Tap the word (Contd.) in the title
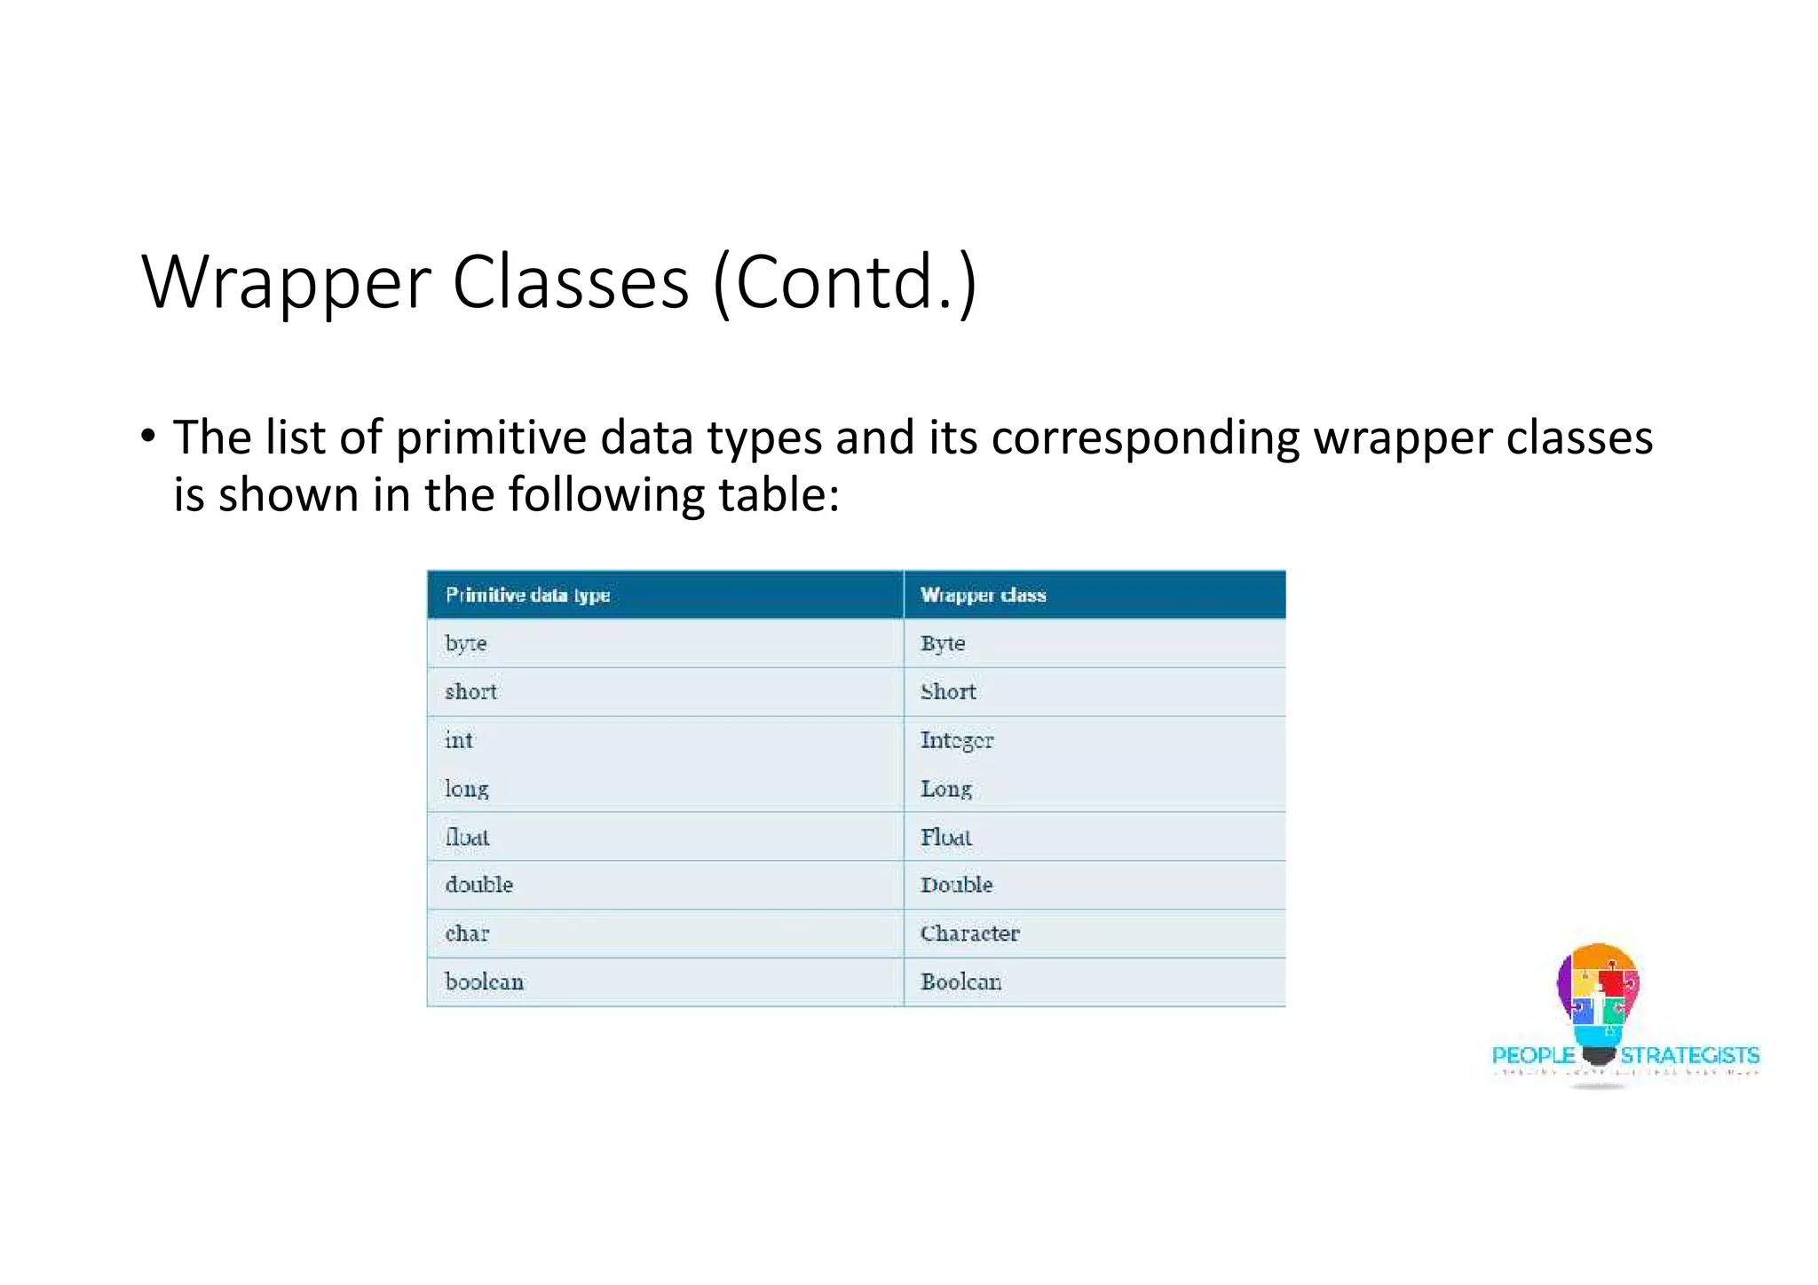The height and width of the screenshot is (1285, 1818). (x=844, y=283)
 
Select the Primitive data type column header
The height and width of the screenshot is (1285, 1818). (x=527, y=595)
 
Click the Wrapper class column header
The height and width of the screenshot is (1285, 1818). (x=983, y=595)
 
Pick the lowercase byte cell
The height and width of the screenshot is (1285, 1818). (x=466, y=643)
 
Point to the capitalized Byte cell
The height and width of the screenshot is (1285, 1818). (x=942, y=643)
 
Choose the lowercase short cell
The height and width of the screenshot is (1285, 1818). (x=470, y=692)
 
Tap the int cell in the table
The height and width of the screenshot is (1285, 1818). (x=459, y=740)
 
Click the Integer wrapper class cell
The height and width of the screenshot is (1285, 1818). (x=956, y=740)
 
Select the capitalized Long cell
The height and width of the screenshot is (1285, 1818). (x=945, y=789)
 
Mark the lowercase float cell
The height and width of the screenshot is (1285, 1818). (x=467, y=837)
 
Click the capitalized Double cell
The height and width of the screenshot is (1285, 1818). (x=956, y=885)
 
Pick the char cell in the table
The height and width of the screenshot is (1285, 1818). (x=467, y=934)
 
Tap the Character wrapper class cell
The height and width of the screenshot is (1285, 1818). (x=969, y=934)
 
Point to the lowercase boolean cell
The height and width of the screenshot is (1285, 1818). (x=484, y=982)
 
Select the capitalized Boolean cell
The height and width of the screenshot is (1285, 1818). (x=960, y=982)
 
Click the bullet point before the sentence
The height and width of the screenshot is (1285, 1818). (x=148, y=436)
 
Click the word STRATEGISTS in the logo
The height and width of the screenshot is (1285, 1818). (x=1689, y=1055)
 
